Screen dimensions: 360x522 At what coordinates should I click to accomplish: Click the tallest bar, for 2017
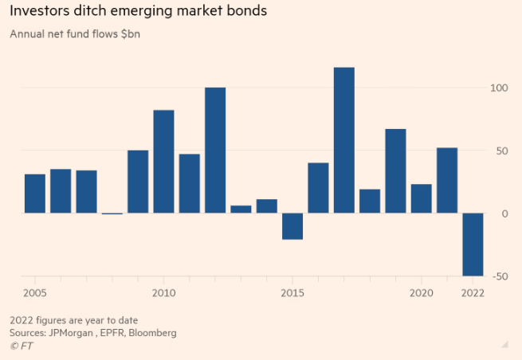tap(343, 140)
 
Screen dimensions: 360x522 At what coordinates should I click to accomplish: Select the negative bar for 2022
tap(473, 245)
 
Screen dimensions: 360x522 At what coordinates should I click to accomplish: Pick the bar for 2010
tap(163, 162)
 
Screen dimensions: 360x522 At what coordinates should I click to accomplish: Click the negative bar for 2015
tap(292, 226)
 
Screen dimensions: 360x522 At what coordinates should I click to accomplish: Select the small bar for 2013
tap(241, 209)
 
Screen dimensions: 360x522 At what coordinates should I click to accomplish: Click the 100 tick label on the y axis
tap(498, 88)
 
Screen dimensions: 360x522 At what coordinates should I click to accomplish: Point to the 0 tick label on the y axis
tap(504, 213)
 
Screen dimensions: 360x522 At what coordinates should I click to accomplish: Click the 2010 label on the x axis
tap(163, 292)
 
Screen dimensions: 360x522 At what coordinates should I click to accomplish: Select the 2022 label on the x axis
tap(473, 292)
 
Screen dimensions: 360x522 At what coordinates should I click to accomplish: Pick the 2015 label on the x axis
tap(292, 292)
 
